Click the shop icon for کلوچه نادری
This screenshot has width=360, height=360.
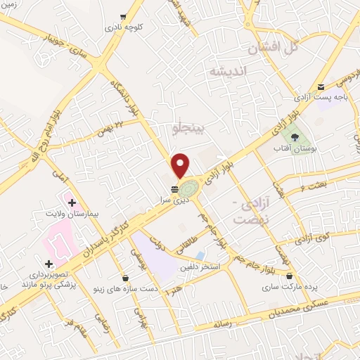point(124,16)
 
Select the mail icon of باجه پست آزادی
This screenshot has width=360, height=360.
point(321,86)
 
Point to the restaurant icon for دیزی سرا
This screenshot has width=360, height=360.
point(174,188)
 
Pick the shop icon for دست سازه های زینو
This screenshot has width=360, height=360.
point(125,278)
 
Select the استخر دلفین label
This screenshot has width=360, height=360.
point(202,268)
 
